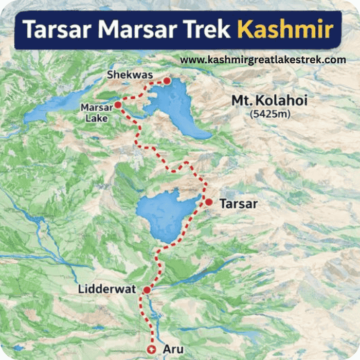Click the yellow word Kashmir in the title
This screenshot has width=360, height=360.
click(285, 29)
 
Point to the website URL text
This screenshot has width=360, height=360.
click(263, 60)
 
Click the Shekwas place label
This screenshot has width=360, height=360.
click(130, 76)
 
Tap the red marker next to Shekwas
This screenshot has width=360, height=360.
click(167, 81)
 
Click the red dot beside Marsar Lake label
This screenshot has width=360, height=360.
click(118, 105)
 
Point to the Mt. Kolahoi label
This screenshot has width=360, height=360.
click(269, 101)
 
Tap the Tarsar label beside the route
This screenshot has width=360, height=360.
click(238, 204)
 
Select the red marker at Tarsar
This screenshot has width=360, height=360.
click(209, 202)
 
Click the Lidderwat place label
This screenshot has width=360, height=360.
click(107, 290)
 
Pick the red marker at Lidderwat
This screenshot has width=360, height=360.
click(147, 290)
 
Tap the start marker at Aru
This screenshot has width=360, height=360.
click(152, 349)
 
